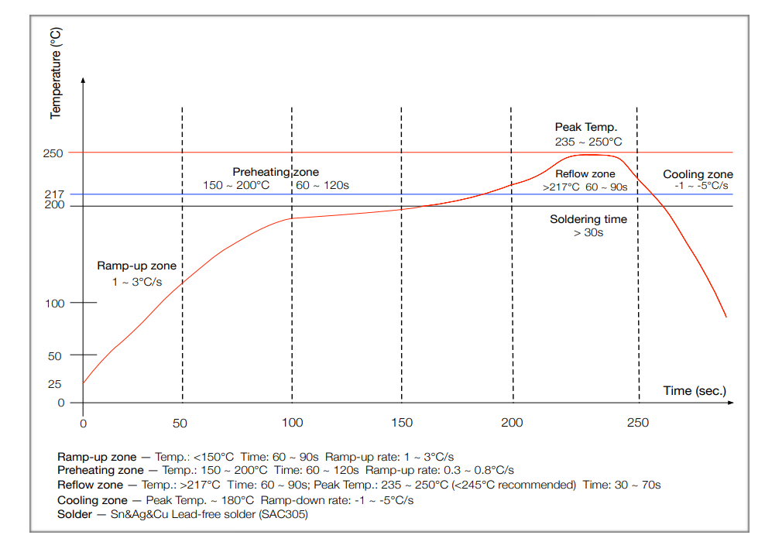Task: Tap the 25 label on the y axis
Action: [x=55, y=384]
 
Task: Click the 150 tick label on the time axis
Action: [x=402, y=423]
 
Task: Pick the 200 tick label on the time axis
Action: [x=513, y=423]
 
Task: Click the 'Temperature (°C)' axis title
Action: [x=56, y=73]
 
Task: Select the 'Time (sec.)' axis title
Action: [x=695, y=390]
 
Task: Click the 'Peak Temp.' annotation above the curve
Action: [x=585, y=127]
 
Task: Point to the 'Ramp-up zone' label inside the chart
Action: [x=136, y=266]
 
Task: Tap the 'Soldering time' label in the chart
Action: [x=588, y=219]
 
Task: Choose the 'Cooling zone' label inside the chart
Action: [x=698, y=174]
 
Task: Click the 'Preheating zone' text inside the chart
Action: [x=276, y=172]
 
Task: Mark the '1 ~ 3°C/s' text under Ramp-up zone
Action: [x=137, y=282]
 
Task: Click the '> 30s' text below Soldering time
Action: [x=588, y=232]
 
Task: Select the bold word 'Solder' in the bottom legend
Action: [x=74, y=514]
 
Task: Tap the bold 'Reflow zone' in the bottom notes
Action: [x=90, y=485]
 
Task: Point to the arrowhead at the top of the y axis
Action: [x=83, y=81]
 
